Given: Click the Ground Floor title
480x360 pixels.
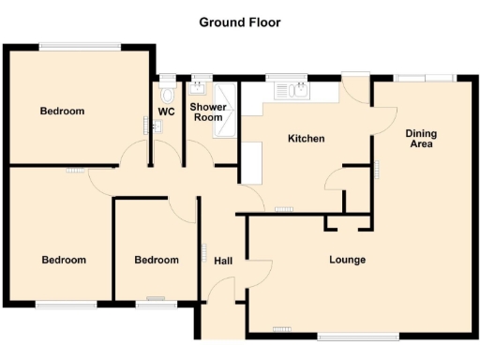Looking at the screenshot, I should coord(239,22).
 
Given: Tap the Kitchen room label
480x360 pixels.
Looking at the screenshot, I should coord(306,139).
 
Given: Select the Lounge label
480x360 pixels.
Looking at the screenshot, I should coord(347,260).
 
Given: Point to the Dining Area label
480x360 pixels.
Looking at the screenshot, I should coord(421,139).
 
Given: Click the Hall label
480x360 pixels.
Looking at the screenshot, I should coord(223,261).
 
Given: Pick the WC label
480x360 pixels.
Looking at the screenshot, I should coord(166,112).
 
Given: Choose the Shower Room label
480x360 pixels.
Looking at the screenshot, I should coord(206,112).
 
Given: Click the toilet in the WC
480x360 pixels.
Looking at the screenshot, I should coord(167,94).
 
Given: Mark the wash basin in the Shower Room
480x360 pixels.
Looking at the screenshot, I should coord(198,88).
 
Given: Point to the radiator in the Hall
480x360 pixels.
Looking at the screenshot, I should coord(203,254).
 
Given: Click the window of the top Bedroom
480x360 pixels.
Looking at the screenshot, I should coord(80,45).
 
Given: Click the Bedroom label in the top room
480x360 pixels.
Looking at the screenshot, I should coord(62,112).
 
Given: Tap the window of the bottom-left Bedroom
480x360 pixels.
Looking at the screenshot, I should coord(66,304).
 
